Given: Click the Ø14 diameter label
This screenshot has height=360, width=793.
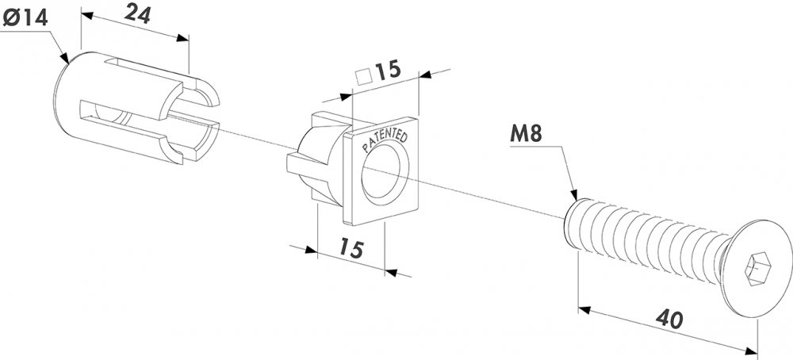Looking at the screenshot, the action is click(x=25, y=19).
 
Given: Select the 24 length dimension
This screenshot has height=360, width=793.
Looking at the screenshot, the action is click(x=137, y=14).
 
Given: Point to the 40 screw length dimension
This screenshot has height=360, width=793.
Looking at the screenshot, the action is click(x=669, y=319).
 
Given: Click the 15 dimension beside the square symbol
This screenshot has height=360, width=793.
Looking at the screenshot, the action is click(x=388, y=71).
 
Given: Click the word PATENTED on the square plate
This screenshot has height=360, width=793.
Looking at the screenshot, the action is click(x=385, y=142).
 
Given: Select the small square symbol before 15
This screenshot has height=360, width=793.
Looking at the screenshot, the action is click(x=363, y=76).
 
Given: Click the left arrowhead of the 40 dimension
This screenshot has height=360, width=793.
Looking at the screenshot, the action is click(x=584, y=309).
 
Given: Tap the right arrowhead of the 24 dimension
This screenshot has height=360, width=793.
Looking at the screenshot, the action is click(x=182, y=38).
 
